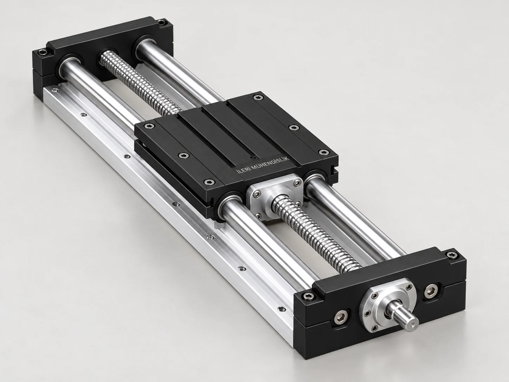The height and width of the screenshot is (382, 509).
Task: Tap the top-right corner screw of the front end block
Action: (x=452, y=255)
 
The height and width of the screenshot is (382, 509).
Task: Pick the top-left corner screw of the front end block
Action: (x=310, y=296)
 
